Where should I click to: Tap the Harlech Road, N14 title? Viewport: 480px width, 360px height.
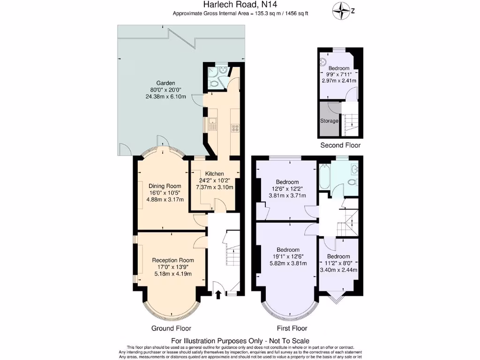[240, 5]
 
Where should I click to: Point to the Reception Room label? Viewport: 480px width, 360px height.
[172, 260]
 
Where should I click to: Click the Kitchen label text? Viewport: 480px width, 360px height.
[214, 173]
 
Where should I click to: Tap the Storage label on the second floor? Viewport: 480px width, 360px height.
[329, 121]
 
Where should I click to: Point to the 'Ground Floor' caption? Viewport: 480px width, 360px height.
[171, 328]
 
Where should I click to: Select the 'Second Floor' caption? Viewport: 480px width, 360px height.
[340, 145]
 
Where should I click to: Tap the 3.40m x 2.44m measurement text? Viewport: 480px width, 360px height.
[338, 270]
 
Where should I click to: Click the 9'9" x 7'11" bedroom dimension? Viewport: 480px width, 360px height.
[338, 74]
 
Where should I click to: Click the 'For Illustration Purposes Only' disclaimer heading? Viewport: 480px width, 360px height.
[240, 341]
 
